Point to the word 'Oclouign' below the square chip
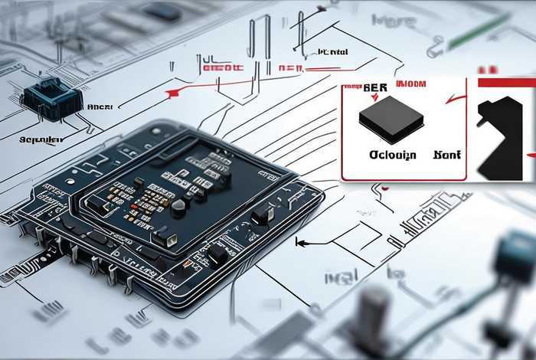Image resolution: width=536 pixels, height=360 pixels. (x=392, y=155)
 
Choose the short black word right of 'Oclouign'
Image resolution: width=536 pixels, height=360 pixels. (x=446, y=155)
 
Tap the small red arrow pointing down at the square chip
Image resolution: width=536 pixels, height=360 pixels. (x=374, y=97)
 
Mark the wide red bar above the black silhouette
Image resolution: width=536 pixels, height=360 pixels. (x=506, y=82)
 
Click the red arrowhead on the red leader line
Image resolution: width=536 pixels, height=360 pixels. (x=173, y=93)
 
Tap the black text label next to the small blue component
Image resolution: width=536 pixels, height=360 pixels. (x=100, y=107)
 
